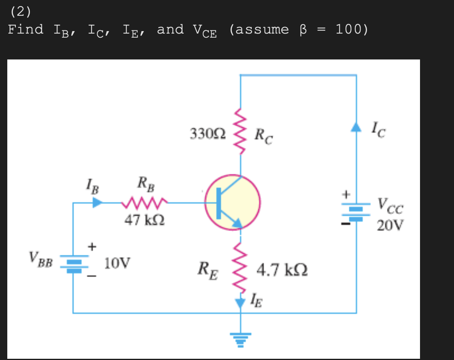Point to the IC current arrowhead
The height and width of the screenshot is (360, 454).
click(x=356, y=127)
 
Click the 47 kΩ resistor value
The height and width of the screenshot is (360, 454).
click(x=144, y=220)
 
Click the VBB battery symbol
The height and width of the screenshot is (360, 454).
click(x=74, y=263)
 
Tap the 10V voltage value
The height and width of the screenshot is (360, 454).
click(x=117, y=264)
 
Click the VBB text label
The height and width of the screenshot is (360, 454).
click(x=40, y=259)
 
